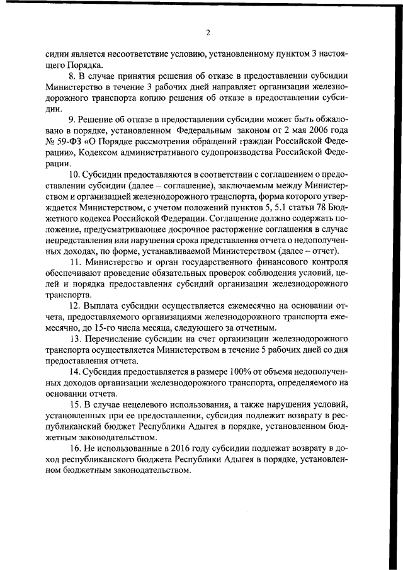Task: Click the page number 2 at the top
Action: tap(207, 33)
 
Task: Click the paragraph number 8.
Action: tap(72, 76)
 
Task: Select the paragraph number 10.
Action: tap(74, 173)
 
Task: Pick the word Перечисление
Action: tap(115, 339)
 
